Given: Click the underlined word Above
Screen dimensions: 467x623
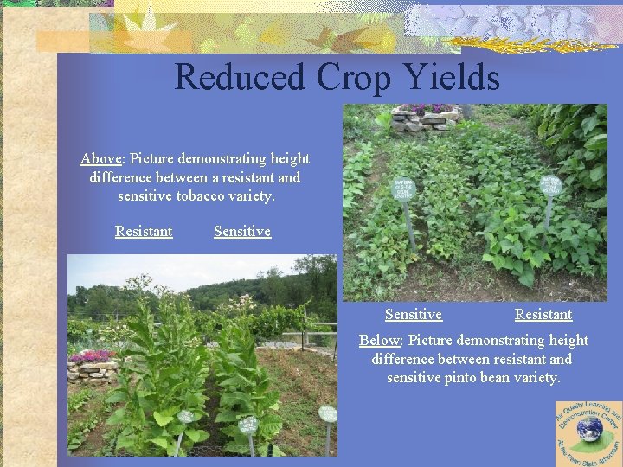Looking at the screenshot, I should pos(101,159).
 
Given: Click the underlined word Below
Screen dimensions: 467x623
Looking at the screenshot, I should pos(380,341).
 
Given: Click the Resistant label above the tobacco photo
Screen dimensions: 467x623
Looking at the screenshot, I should pos(144,232).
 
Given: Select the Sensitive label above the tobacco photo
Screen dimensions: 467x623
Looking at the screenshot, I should pos(242,232).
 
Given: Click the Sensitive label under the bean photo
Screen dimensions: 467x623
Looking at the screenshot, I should pos(414,315).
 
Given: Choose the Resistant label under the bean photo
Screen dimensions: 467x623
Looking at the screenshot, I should pos(543,315).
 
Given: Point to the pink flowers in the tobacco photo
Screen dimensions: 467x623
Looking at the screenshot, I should pos(93,355).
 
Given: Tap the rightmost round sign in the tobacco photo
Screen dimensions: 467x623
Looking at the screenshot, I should pos(327,413).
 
